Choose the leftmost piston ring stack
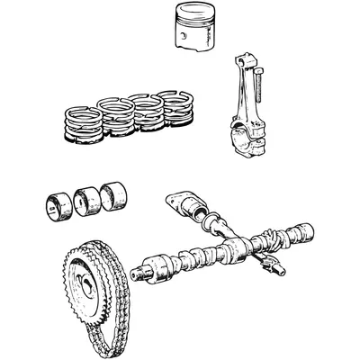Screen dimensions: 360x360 pyautogui.click(x=82, y=125)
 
